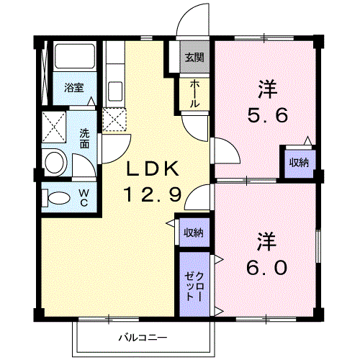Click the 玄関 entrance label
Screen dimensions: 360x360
click(194, 58)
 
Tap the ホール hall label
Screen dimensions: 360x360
click(194, 94)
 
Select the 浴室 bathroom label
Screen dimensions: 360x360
click(74, 88)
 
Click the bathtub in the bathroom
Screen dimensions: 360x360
click(75, 56)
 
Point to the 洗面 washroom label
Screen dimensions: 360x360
click(84, 138)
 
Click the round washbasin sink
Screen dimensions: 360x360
click(55, 163)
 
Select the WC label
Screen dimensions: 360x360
click(84, 198)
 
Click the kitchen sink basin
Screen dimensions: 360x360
click(115, 91)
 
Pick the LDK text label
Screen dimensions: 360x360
click(153, 168)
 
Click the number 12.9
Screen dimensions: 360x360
click(153, 194)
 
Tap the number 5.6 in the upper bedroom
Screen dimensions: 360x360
click(268, 115)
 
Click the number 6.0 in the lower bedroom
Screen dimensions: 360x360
click(267, 268)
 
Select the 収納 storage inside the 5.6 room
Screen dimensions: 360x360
click(299, 163)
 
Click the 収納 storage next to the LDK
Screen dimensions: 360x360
click(194, 233)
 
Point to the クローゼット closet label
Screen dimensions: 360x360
click(194, 287)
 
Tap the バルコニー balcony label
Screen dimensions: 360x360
click(143, 338)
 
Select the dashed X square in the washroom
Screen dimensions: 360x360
click(54, 127)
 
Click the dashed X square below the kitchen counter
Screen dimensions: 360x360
click(114, 120)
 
